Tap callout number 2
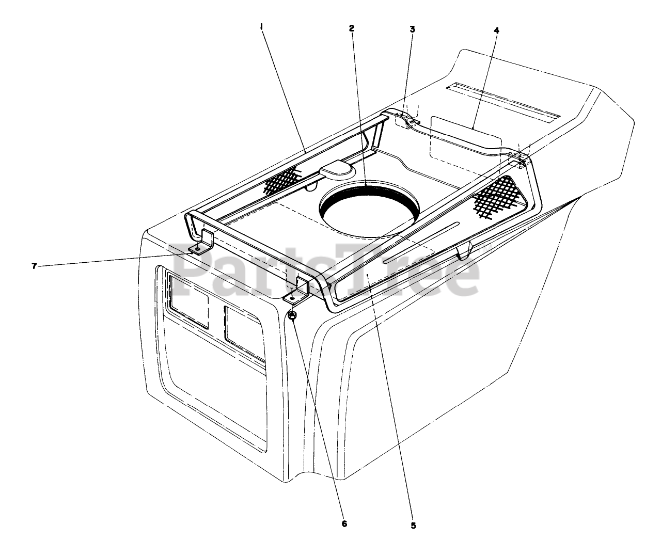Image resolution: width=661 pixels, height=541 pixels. pyautogui.click(x=351, y=28)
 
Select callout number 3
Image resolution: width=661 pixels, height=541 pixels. pyautogui.click(x=412, y=29)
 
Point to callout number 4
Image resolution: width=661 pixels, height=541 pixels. pyautogui.click(x=496, y=30)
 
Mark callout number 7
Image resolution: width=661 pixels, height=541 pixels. pyautogui.click(x=35, y=266)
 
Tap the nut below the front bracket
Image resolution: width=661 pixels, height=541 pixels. pyautogui.click(x=293, y=316)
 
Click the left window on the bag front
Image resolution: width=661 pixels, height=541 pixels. pyautogui.click(x=188, y=301)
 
